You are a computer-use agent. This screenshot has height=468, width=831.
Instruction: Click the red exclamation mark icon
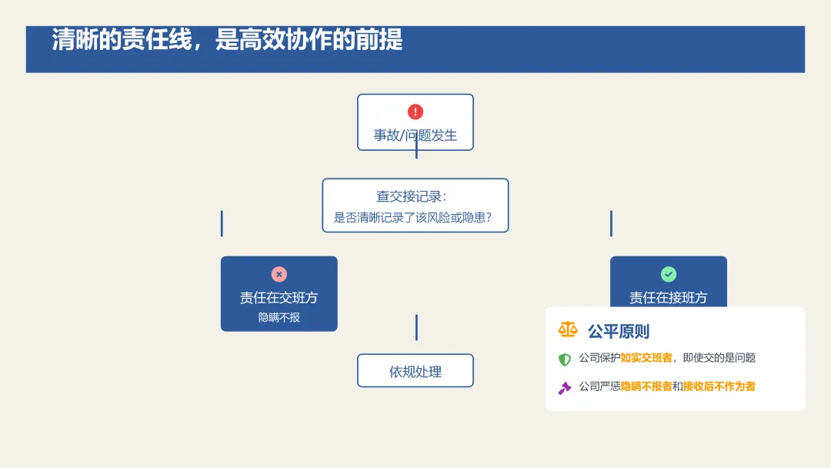(415, 112)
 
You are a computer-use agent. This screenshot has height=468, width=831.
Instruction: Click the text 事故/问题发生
(415, 135)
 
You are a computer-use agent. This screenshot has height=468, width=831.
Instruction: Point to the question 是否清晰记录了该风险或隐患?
(412, 218)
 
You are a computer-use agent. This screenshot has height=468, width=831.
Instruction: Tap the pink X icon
(279, 274)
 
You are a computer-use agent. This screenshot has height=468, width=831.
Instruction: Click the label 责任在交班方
(279, 298)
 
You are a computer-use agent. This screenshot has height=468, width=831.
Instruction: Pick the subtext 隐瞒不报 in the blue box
(279, 317)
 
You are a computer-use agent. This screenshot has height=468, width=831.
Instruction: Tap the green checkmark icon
(669, 274)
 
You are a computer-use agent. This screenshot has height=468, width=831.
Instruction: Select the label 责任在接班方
(668, 298)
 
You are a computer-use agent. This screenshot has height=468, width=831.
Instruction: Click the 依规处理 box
(415, 371)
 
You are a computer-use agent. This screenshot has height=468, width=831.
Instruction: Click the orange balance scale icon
(568, 330)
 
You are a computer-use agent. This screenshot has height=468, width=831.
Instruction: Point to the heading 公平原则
(619, 332)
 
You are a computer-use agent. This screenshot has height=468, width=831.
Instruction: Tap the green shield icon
(565, 359)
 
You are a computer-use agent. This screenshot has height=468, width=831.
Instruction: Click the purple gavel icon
(565, 387)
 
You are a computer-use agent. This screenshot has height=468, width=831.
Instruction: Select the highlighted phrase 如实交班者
(646, 358)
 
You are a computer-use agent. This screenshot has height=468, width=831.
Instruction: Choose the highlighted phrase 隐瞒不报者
(646, 386)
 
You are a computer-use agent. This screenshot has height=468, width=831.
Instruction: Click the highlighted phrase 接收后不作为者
(719, 386)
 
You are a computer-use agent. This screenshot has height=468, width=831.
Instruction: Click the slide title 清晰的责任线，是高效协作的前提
(228, 40)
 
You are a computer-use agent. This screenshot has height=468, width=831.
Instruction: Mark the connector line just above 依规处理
(416, 327)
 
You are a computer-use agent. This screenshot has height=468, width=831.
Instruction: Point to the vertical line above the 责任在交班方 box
(222, 223)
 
